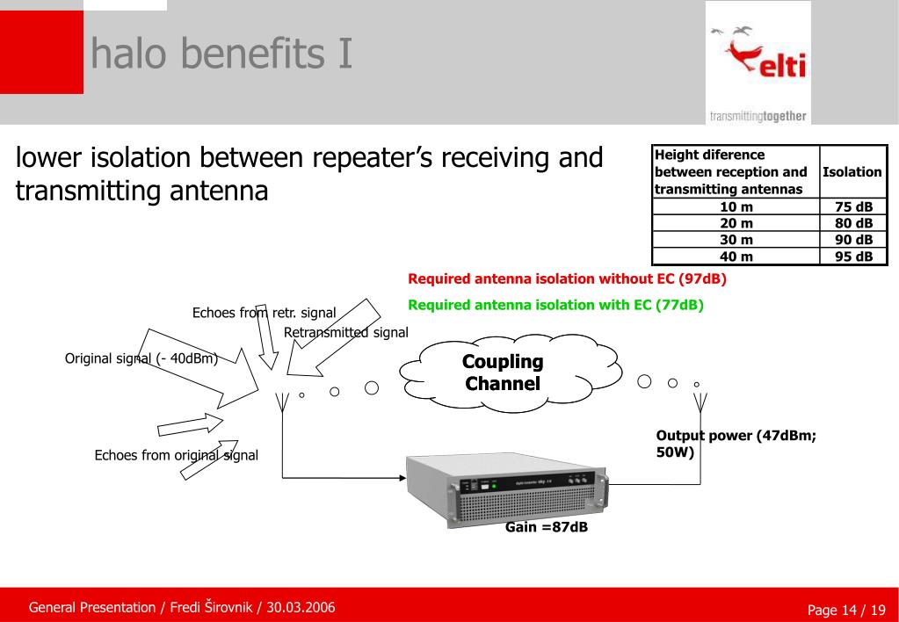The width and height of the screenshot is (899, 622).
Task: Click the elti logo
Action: point(757,62)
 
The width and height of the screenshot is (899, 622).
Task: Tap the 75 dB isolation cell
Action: point(852,207)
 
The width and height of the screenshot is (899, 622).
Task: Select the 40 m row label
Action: point(736,257)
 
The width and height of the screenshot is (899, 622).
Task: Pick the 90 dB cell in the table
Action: point(852,240)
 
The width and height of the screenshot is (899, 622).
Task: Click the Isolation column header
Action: point(852,172)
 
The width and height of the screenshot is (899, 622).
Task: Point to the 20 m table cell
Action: point(736,224)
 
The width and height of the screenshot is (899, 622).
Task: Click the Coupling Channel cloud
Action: point(503,372)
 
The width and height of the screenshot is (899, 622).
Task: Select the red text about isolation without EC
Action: point(567,279)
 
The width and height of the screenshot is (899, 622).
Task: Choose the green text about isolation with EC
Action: point(556,306)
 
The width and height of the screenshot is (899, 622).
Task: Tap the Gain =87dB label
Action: point(546,527)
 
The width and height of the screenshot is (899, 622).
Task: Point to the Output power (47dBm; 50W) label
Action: point(736,444)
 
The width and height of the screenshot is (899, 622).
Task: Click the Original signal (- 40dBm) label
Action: point(141,358)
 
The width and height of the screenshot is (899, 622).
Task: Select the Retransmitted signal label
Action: point(346,332)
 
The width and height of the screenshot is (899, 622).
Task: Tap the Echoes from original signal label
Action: point(176,455)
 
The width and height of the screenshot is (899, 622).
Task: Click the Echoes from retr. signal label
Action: point(264,312)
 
